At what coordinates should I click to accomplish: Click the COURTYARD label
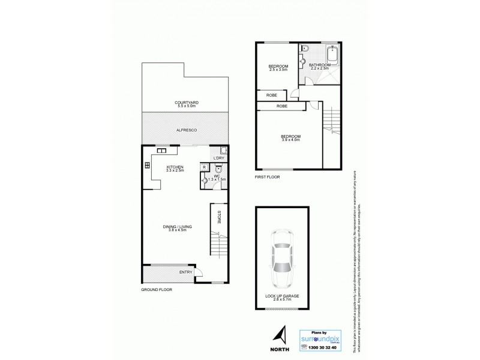pos(187,103)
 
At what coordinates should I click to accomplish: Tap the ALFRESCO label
pos(187,130)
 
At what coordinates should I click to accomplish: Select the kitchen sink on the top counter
pos(162,151)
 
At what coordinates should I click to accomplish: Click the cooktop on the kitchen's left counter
pos(147,166)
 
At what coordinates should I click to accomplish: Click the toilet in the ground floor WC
pos(218,169)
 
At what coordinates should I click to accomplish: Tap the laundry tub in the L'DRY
pos(223,151)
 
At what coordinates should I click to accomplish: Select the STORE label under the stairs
pos(219,217)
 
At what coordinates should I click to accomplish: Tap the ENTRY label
pos(185,272)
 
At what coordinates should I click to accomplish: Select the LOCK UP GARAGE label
pos(282,296)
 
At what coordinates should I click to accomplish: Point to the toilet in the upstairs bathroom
pos(305,49)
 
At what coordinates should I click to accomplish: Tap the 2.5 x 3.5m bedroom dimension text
pos(278,70)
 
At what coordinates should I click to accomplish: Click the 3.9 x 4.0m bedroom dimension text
pos(290,140)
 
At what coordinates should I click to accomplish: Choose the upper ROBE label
pos(271,95)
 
